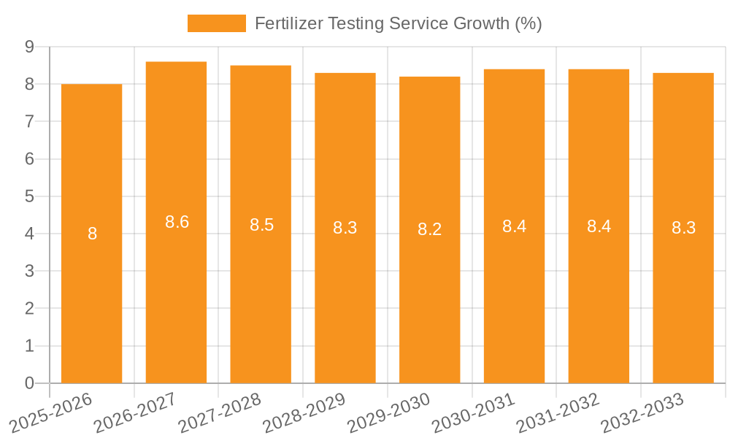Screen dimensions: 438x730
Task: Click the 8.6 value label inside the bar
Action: pyautogui.click(x=177, y=222)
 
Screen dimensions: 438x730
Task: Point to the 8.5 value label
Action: pyautogui.click(x=261, y=225)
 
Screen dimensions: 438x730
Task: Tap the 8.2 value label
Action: pyautogui.click(x=429, y=229)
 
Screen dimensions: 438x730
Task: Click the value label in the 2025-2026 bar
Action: pyautogui.click(x=92, y=234)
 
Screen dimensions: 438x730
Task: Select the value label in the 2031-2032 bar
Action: pyautogui.click(x=599, y=226)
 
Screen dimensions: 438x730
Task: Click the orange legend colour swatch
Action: pyautogui.click(x=216, y=23)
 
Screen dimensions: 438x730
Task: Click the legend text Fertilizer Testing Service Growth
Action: pyautogui.click(x=398, y=23)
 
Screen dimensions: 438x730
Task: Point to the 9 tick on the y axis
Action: pyautogui.click(x=29, y=47)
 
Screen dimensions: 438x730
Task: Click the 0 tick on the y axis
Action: pyautogui.click(x=29, y=383)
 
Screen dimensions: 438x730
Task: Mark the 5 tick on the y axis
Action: pyautogui.click(x=29, y=196)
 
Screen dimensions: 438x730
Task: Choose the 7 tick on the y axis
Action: pyautogui.click(x=29, y=121)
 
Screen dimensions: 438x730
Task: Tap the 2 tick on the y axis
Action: pyautogui.click(x=29, y=308)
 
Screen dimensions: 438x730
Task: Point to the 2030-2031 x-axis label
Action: pyautogui.click(x=474, y=413)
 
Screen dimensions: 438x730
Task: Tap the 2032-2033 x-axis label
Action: pyautogui.click(x=643, y=413)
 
